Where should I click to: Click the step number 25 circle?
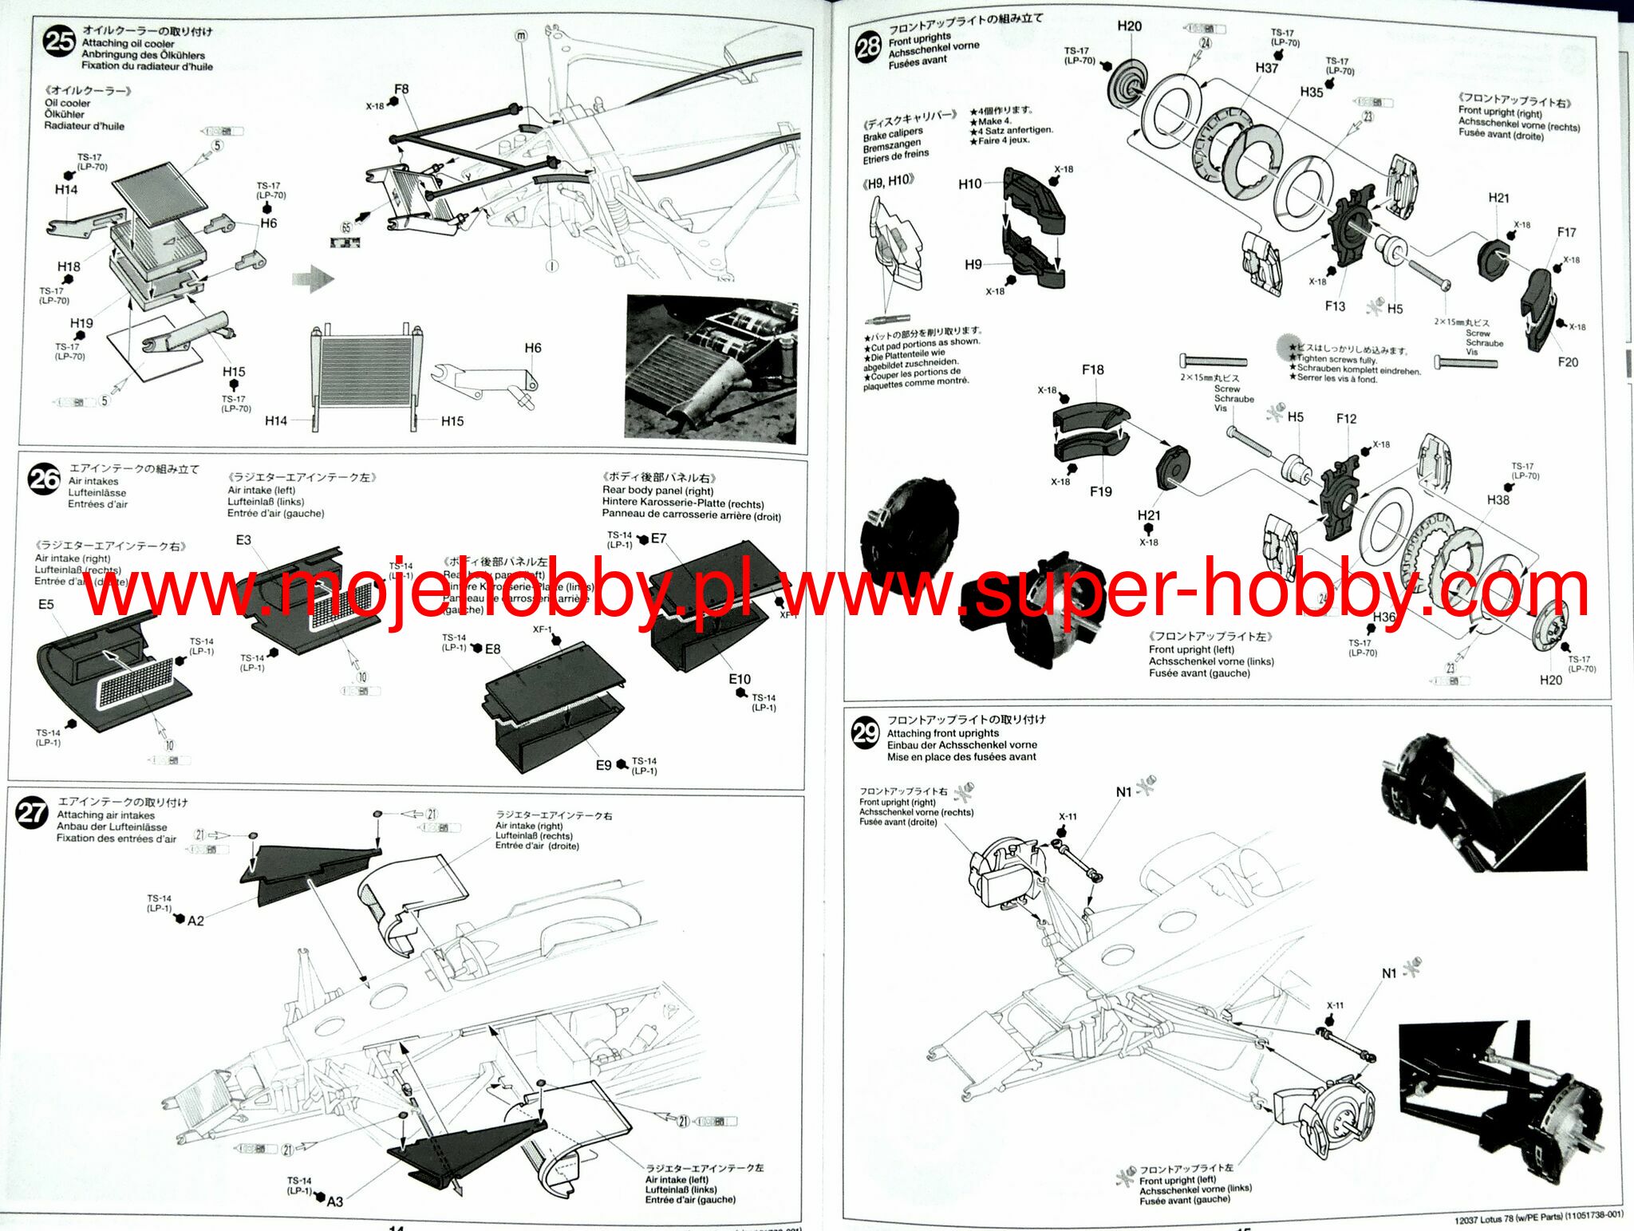click(x=59, y=41)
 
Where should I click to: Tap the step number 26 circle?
click(x=44, y=479)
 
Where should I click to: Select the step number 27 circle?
click(x=32, y=813)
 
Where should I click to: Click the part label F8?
click(x=401, y=89)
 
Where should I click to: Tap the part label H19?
click(x=81, y=323)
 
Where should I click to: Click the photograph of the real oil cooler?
click(x=711, y=369)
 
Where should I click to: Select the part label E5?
click(x=46, y=604)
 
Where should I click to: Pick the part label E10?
click(x=739, y=679)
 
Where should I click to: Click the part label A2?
click(x=195, y=921)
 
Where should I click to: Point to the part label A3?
click(x=334, y=1201)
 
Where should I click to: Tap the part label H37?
click(x=1267, y=69)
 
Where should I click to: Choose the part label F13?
click(x=1335, y=306)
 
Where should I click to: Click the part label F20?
click(x=1568, y=362)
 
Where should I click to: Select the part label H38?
click(x=1498, y=499)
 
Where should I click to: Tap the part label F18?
click(x=1092, y=370)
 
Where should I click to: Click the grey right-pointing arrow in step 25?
click(x=313, y=278)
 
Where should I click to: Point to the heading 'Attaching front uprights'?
click(x=942, y=733)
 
